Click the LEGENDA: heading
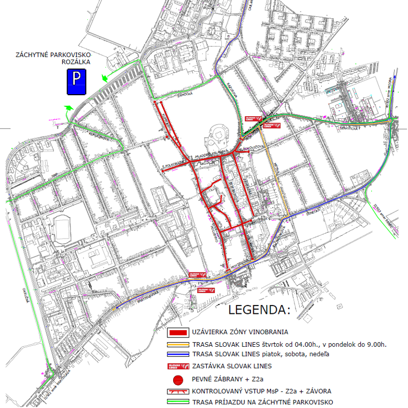[x=258, y=310]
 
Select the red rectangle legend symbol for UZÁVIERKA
[x=178, y=332]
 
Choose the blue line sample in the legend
[x=178, y=355]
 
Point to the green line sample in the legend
[x=178, y=402]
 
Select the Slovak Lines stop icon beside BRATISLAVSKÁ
[x=197, y=274]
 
